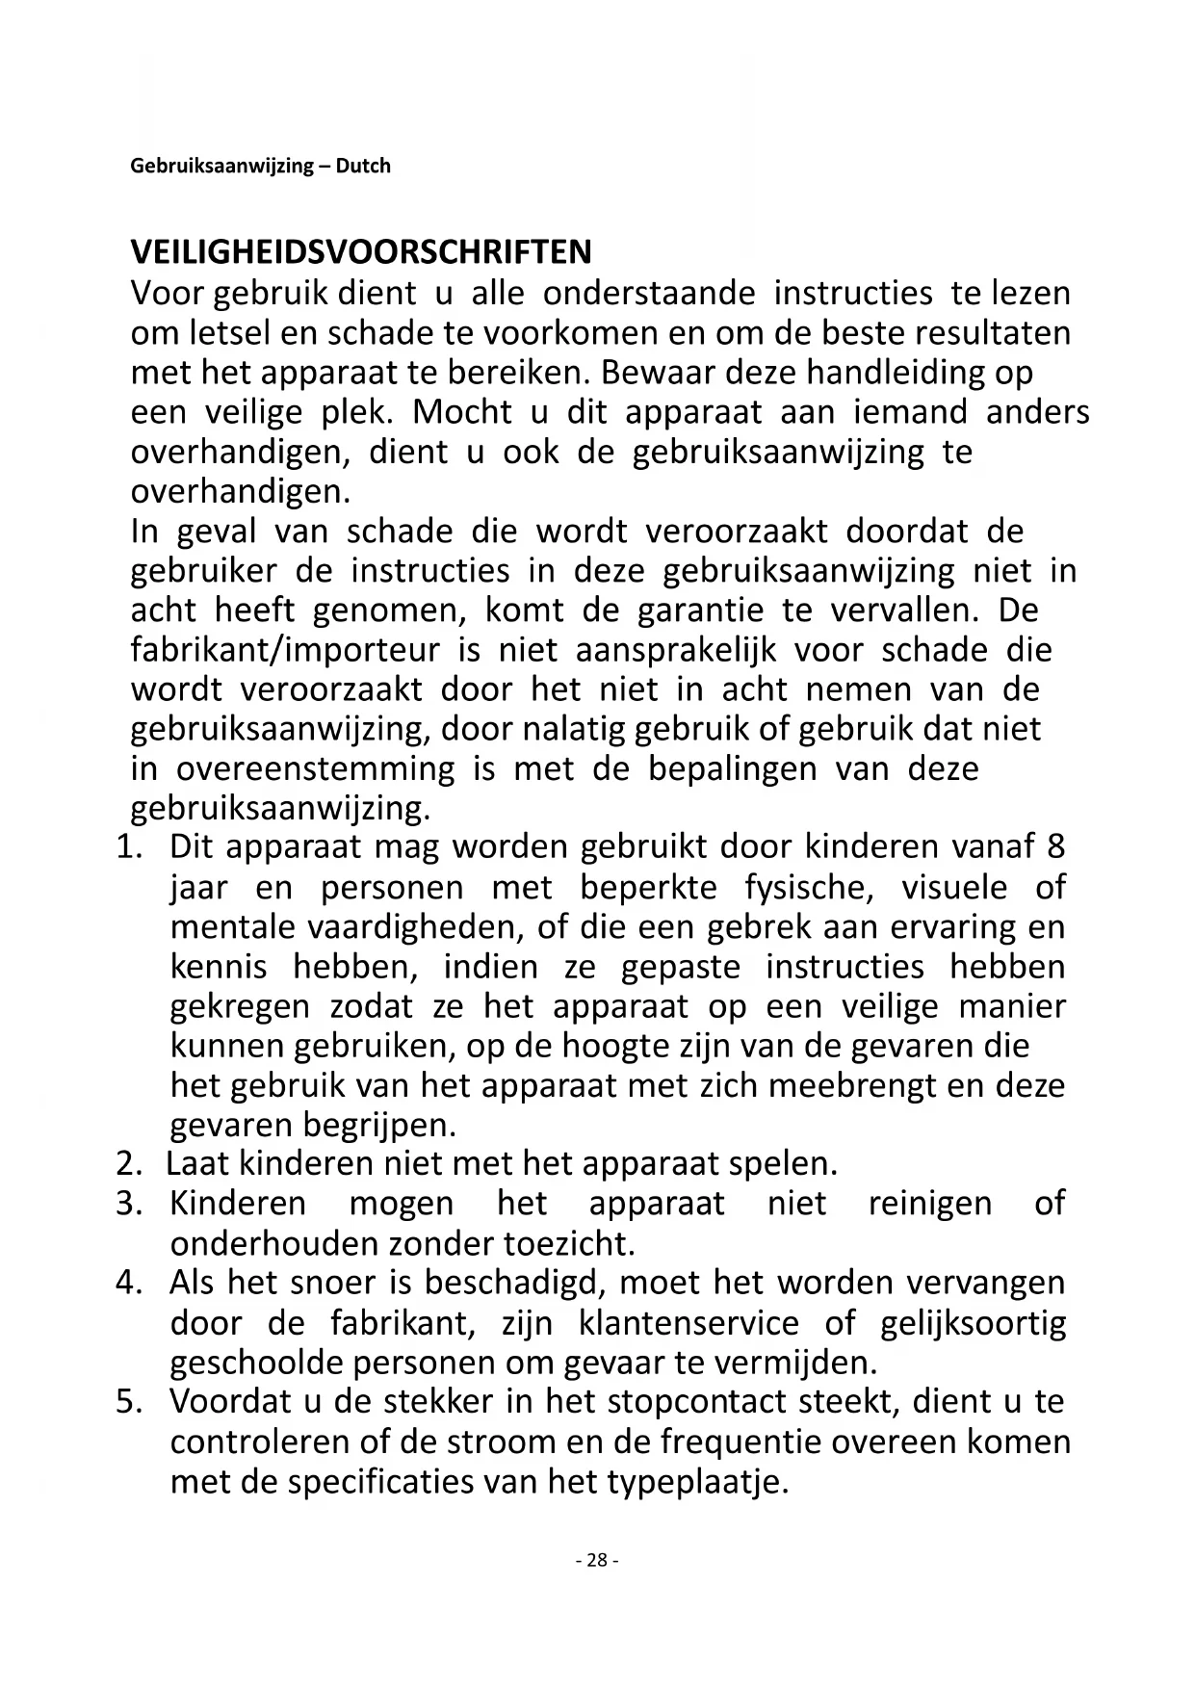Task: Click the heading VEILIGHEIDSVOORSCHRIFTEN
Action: point(361,252)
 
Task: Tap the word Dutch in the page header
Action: point(363,166)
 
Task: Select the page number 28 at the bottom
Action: point(596,1560)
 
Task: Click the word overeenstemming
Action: point(314,769)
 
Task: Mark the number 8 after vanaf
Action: point(1055,847)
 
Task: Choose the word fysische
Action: point(809,887)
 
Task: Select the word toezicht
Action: point(568,1243)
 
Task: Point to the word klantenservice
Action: point(688,1322)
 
